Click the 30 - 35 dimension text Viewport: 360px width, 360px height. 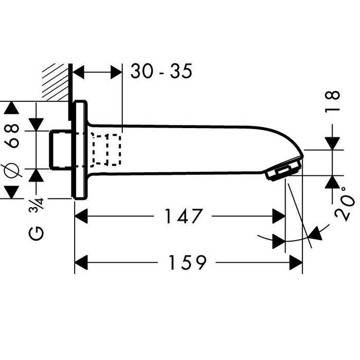click(161, 71)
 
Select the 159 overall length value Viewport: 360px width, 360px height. click(186, 263)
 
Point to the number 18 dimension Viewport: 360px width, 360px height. click(334, 102)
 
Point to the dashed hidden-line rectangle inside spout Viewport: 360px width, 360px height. click(106, 150)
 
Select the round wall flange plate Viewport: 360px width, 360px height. click(79, 149)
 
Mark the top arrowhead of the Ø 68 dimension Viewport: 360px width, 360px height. click(11, 109)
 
